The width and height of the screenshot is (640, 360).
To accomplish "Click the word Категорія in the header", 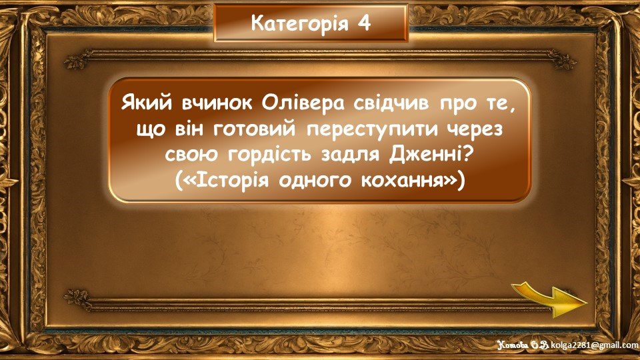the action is pyautogui.click(x=300, y=24).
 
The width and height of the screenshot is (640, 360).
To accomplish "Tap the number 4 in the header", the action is pyautogui.click(x=364, y=23).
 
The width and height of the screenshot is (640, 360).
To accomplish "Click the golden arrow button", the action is pyautogui.click(x=549, y=299).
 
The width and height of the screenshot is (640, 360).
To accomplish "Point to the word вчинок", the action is pyautogui.click(x=217, y=104).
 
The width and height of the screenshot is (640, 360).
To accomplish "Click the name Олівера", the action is pyautogui.click(x=303, y=104).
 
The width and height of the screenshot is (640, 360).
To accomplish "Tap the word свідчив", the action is pyautogui.click(x=391, y=104).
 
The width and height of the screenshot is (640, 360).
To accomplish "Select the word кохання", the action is pyautogui.click(x=403, y=181).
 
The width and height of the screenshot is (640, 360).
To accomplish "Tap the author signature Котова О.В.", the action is pyautogui.click(x=523, y=345).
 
